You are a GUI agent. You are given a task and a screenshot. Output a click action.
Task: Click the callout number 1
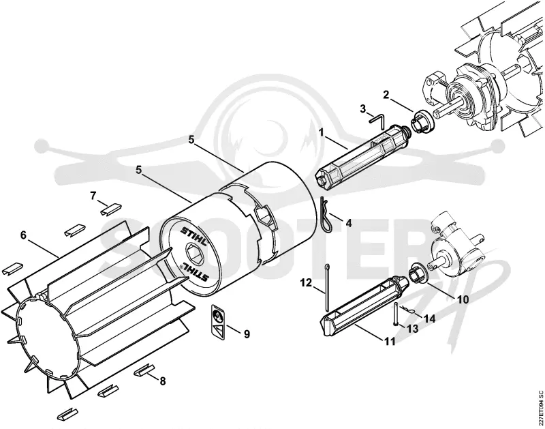pos(322,132)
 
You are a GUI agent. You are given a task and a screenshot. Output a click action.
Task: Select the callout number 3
pos(363,109)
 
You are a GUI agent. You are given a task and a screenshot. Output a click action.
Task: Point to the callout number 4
pos(348,222)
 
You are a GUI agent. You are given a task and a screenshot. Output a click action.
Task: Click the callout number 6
pos(23,235)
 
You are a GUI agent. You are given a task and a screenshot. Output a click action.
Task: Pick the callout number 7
pos(93,196)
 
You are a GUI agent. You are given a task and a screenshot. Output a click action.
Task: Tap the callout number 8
pos(162,381)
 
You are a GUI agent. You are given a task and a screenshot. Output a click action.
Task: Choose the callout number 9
pos(247,334)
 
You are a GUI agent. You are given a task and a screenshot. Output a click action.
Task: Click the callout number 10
pos(463,299)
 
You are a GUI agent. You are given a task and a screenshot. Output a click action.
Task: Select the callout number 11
pos(390,342)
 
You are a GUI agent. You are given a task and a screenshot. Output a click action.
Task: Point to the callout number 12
pos(307,283)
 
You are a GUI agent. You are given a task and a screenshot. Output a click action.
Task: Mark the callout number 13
pos(413,329)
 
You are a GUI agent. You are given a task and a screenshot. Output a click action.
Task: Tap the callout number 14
pos(429,319)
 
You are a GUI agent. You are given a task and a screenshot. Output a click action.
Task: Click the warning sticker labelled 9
pos(218,321)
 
